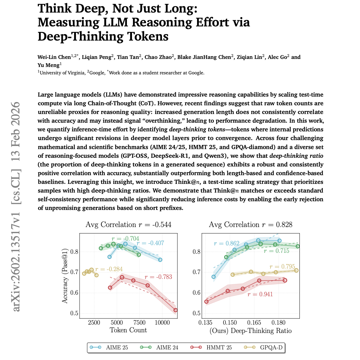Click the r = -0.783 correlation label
(x=158, y=277)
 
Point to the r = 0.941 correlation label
(x=260, y=294)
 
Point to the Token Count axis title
(x=128, y=330)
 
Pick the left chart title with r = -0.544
(x=128, y=225)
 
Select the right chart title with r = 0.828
(x=251, y=225)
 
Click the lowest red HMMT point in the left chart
(x=175, y=310)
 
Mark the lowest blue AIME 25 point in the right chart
(x=213, y=277)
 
